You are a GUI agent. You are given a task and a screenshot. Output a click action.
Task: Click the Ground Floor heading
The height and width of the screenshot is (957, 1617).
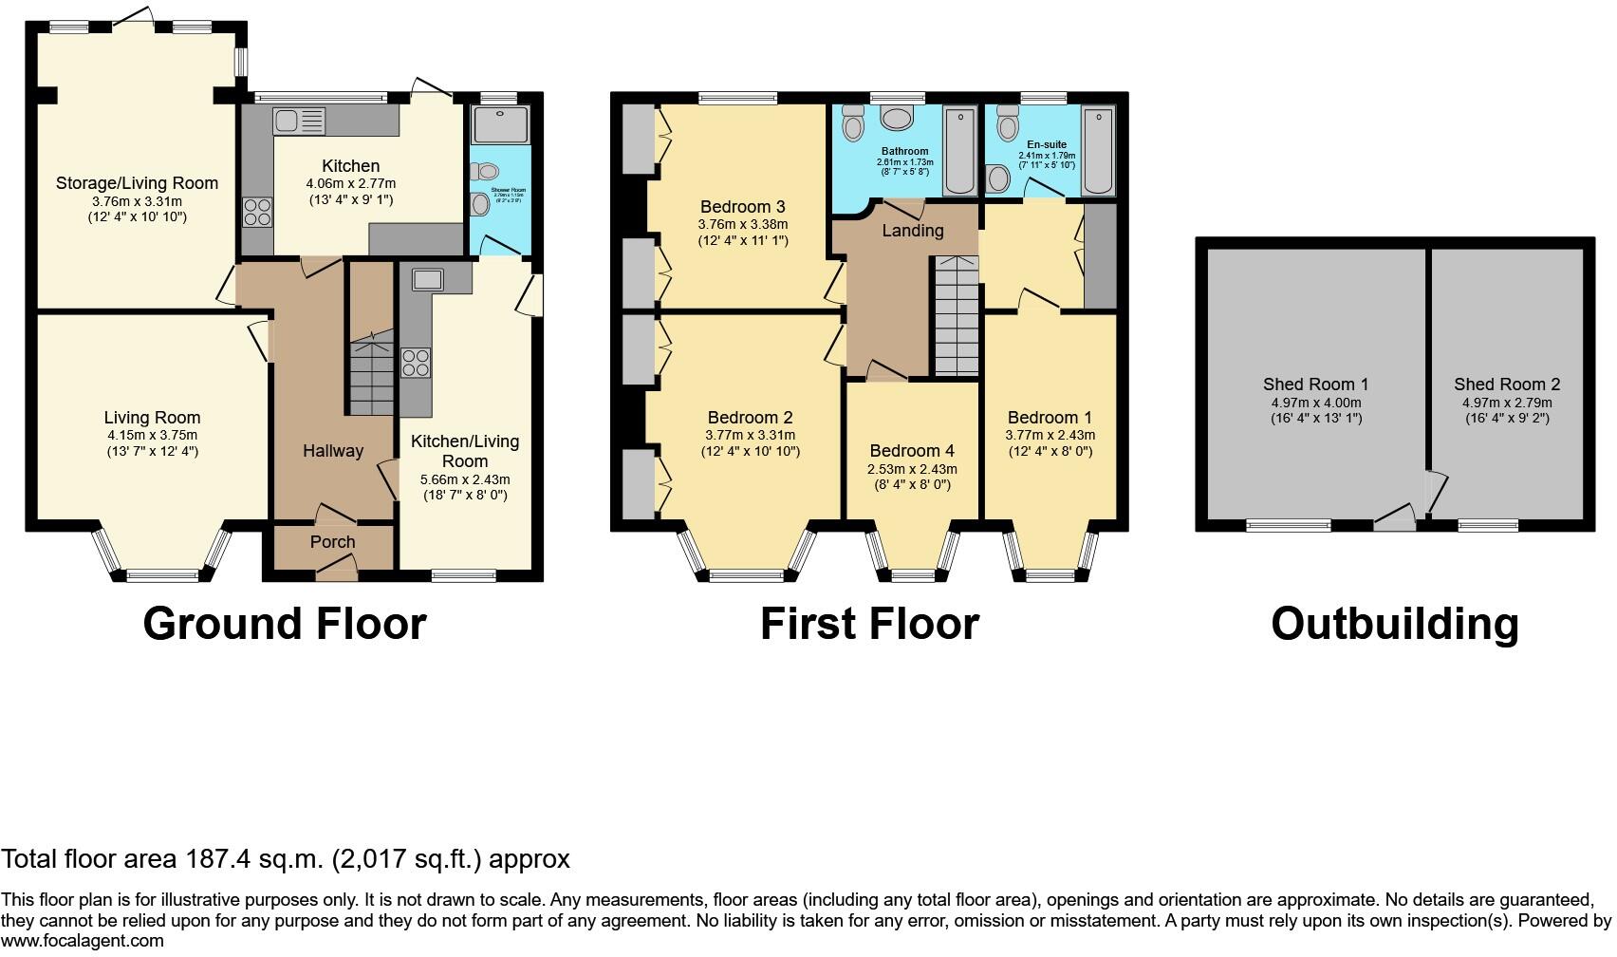tap(285, 625)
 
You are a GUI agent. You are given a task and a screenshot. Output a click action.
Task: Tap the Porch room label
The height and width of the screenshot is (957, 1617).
tap(332, 542)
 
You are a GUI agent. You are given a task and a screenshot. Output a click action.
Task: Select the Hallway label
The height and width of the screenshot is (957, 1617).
tap(332, 451)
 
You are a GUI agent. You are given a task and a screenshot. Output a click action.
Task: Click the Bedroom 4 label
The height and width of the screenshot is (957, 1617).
tap(911, 451)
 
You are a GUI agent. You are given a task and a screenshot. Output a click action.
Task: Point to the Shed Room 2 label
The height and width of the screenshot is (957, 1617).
tap(1507, 385)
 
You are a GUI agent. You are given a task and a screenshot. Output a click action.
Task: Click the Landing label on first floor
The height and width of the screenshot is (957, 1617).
tap(912, 231)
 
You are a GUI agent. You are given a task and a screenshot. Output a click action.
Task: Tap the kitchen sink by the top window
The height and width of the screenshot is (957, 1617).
tap(299, 121)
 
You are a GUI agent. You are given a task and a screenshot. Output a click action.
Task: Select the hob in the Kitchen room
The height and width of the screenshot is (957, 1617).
tap(257, 212)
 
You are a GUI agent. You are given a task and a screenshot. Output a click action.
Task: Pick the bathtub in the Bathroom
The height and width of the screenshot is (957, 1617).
tap(960, 152)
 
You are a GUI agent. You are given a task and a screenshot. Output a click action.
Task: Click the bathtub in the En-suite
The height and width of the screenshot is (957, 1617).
tap(1098, 152)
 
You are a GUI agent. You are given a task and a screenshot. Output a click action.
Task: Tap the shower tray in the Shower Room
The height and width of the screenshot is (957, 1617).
tap(499, 123)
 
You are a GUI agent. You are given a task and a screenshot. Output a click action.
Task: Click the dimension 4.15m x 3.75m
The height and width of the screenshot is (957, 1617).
tap(152, 435)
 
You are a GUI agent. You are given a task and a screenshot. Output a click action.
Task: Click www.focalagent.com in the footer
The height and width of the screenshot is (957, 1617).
tap(82, 941)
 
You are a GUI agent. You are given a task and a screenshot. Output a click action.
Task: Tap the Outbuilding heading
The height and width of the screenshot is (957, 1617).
tap(1394, 625)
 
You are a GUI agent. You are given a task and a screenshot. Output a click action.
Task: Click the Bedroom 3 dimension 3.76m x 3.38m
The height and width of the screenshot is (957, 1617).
tap(742, 224)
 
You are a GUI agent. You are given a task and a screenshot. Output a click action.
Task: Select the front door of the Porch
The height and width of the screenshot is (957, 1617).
tap(337, 569)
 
